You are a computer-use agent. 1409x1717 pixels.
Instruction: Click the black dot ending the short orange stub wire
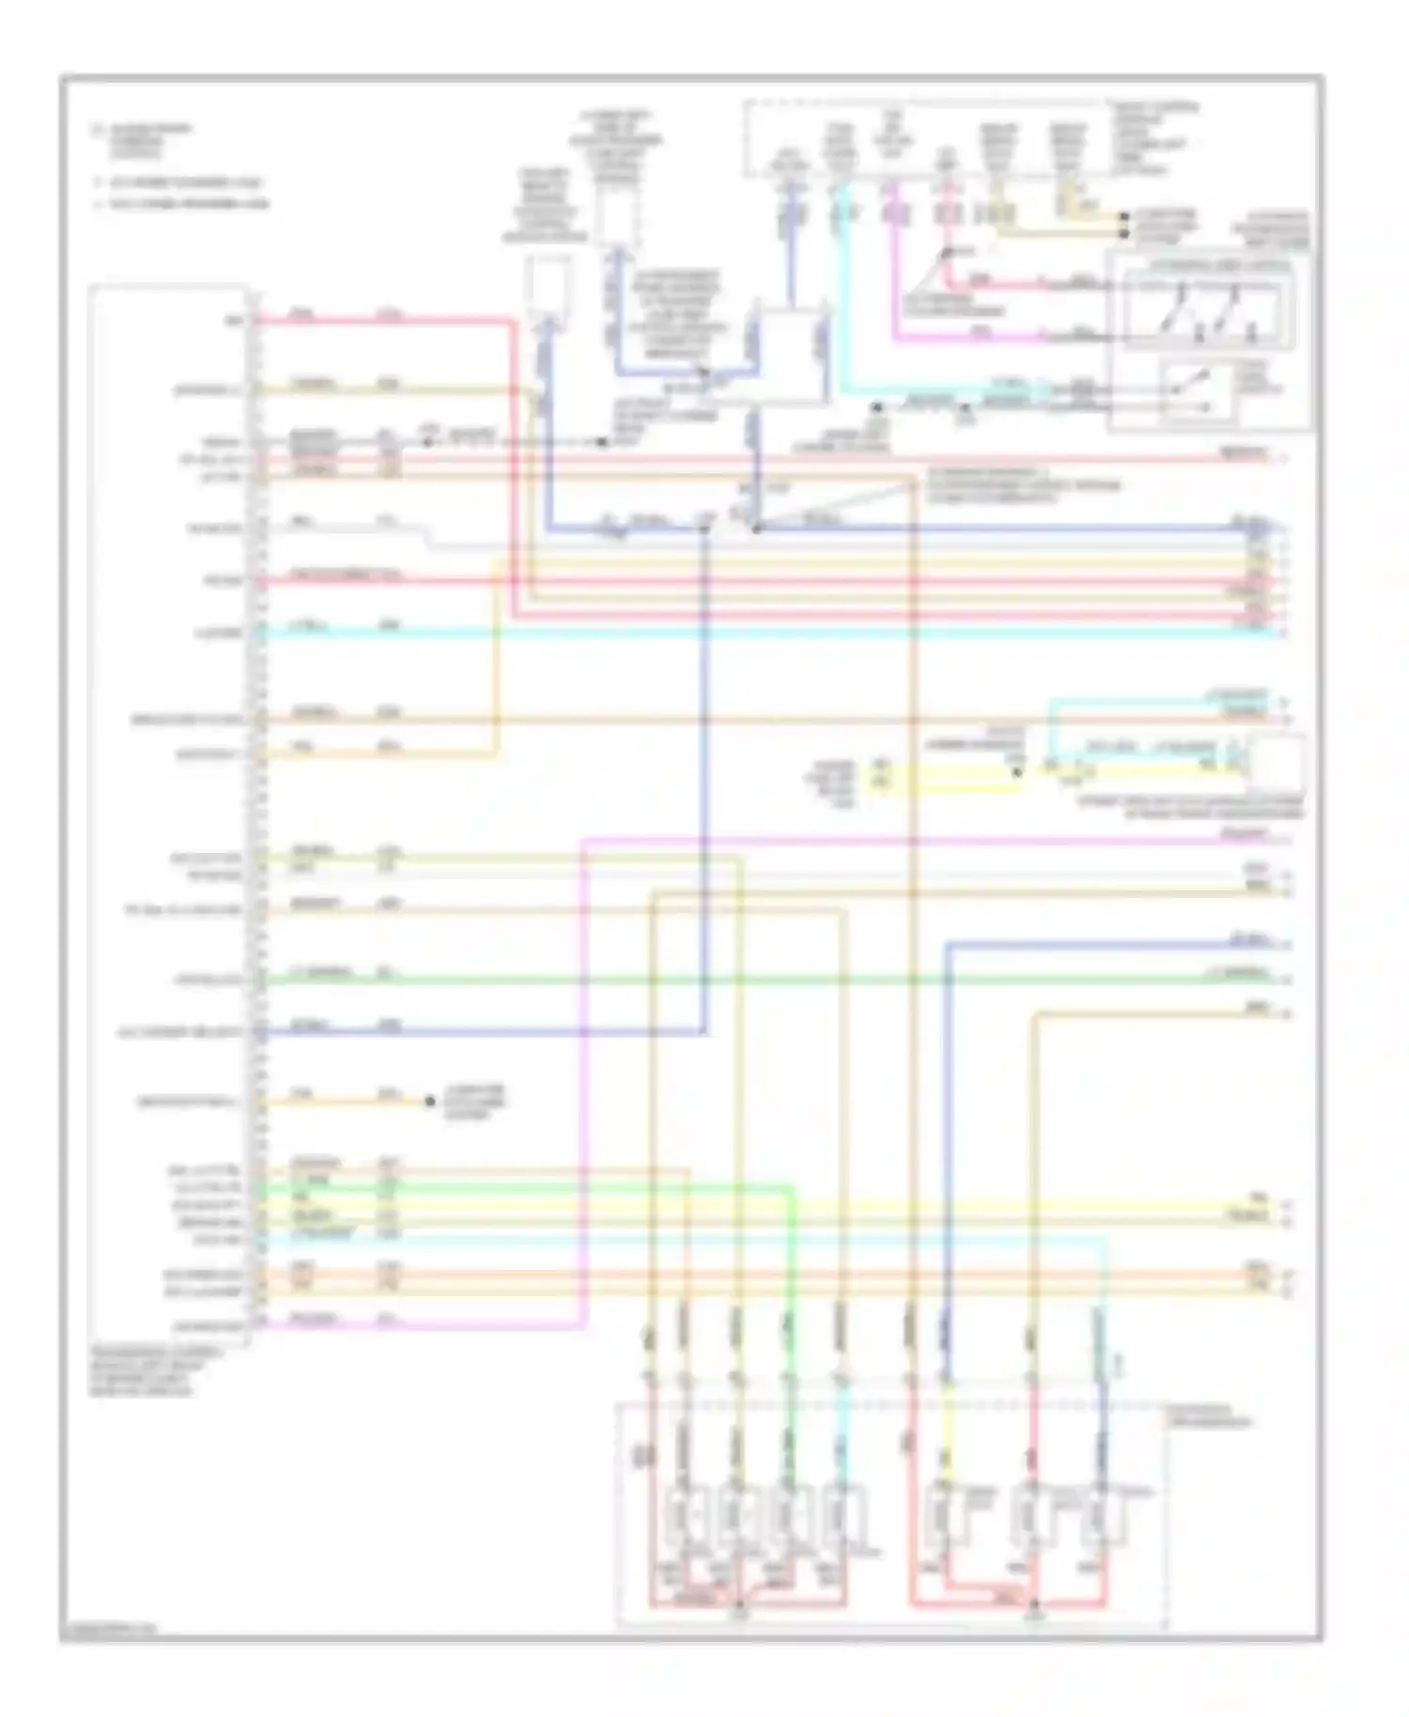[429, 1101]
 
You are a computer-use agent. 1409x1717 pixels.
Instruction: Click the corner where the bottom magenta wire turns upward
[584, 1326]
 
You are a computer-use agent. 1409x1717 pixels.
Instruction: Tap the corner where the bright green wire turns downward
[792, 1188]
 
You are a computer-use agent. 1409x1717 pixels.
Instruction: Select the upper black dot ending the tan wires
[1123, 217]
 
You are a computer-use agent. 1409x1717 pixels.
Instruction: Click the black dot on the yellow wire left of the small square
[1017, 772]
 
